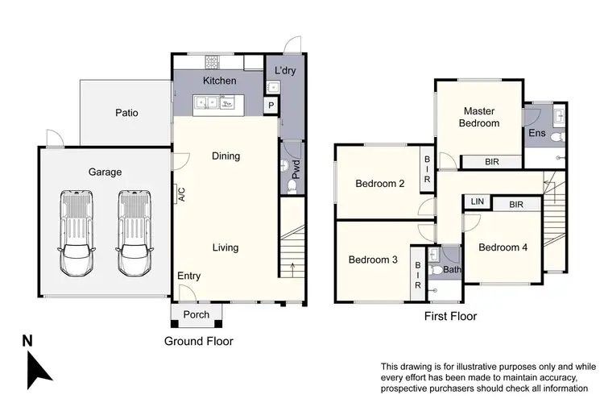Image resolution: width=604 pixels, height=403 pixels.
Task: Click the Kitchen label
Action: coord(219,81)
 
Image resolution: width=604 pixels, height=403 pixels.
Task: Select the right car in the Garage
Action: coord(134,234)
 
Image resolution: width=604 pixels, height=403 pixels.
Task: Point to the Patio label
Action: coord(126,113)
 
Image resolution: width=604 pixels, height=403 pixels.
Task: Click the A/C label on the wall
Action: coord(181,194)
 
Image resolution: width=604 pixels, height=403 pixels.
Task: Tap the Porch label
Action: coord(197,314)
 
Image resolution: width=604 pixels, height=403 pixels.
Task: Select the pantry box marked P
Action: coord(271,105)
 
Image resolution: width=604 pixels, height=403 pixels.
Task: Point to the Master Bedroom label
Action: coord(479,117)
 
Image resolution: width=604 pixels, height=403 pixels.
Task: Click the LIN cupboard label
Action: coord(477,201)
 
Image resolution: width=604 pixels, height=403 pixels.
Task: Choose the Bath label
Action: coord(452,270)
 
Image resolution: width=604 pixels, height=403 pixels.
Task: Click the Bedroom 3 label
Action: coord(374,260)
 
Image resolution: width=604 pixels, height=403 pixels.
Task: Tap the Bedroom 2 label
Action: coord(379,183)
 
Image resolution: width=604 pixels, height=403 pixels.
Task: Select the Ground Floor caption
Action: coord(199,341)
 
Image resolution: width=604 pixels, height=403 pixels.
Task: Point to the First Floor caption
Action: coord(450,316)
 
